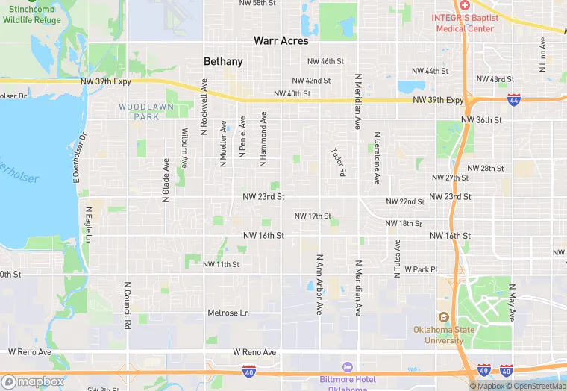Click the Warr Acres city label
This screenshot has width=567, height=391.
pyautogui.click(x=281, y=41)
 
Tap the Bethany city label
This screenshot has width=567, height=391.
pyautogui.click(x=223, y=61)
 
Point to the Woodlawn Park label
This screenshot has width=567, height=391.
pyautogui.click(x=140, y=112)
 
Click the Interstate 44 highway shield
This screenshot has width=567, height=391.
pyautogui.click(x=513, y=98)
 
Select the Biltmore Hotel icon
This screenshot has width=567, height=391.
pyautogui.click(x=347, y=366)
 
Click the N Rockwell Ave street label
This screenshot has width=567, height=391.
pyautogui.click(x=204, y=107)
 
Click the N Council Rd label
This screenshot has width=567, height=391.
pyautogui.click(x=128, y=305)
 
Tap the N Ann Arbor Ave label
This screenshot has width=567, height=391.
pyautogui.click(x=319, y=284)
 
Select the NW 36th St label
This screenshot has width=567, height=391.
pyautogui.click(x=482, y=119)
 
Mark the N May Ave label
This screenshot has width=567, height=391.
pyautogui.click(x=512, y=302)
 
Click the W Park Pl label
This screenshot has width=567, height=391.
pyautogui.click(x=421, y=269)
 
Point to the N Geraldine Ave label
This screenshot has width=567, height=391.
pyautogui.click(x=378, y=161)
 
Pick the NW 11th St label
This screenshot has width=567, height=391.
pyautogui.click(x=221, y=264)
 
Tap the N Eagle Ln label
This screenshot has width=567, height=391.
pyautogui.click(x=88, y=225)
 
